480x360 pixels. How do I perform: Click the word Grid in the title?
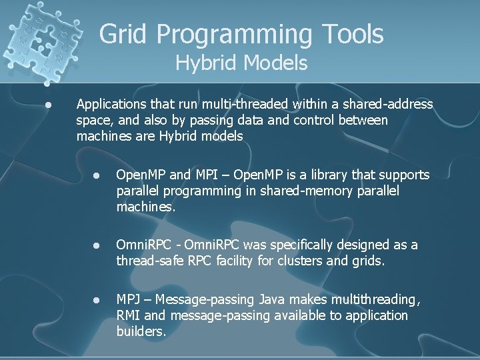click(123, 34)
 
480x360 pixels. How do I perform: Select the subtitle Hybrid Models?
click(241, 63)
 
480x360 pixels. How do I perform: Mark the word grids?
click(369, 261)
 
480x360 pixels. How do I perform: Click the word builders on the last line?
click(141, 331)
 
